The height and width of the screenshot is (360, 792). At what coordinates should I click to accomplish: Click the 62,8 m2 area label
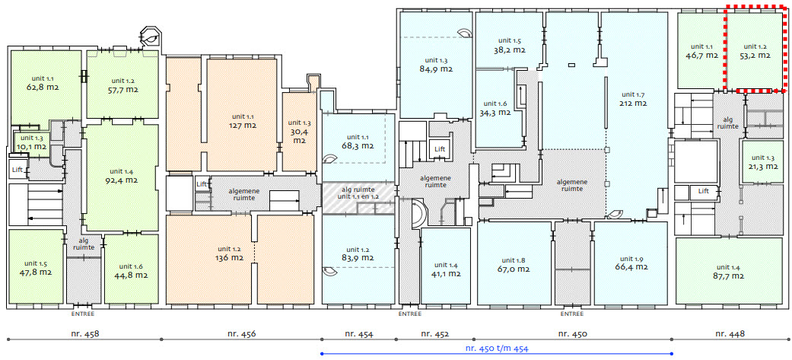coord(43,87)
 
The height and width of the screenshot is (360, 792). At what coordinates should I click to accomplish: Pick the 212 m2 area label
coord(634,104)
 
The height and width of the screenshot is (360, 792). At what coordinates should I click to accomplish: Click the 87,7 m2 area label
coord(727,276)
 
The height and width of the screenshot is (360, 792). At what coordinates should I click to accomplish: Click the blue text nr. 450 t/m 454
coord(497,348)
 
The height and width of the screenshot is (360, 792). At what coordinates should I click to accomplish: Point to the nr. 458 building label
coord(84,333)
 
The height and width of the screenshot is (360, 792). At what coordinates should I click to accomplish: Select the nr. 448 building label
coord(730,333)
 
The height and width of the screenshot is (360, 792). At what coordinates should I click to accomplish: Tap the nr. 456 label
coord(241,333)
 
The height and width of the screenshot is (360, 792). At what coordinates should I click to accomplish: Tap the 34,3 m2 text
coord(496,112)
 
